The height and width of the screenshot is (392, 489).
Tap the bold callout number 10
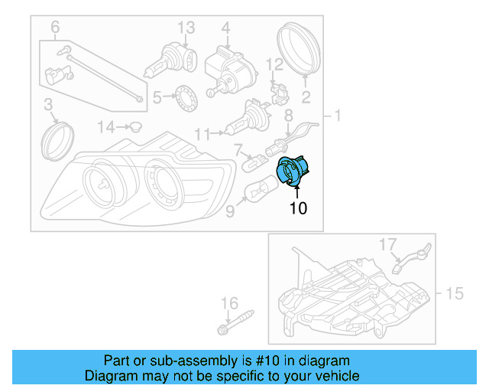[298, 207]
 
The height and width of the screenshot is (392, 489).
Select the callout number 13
[186, 28]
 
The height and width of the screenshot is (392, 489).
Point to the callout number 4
[225, 28]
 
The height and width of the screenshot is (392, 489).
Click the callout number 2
[306, 96]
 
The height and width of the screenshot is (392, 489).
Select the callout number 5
[157, 97]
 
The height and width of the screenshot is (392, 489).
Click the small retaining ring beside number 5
[185, 98]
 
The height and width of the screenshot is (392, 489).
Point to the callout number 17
[388, 244]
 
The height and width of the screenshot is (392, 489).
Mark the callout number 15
[455, 292]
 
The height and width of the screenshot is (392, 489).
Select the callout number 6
[55, 28]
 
